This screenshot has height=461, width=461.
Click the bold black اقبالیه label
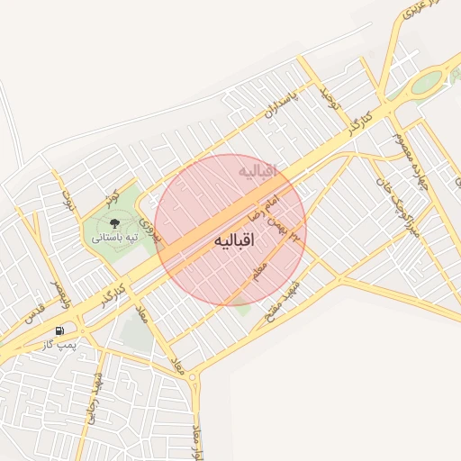coord(235,241)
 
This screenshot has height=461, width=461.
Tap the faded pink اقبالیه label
coord(259,170)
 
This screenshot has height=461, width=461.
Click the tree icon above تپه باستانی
coord(114,221)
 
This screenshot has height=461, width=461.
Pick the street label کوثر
coord(111,196)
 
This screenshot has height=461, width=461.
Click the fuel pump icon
coord(59,330)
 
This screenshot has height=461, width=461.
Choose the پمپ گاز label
coord(61,345)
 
